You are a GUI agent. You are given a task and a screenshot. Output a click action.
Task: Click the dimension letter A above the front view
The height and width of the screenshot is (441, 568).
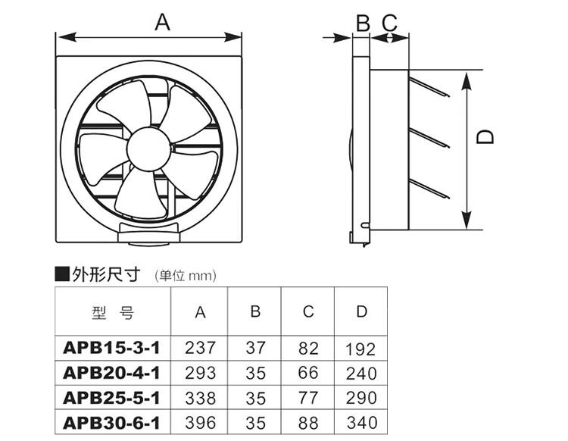[162, 22]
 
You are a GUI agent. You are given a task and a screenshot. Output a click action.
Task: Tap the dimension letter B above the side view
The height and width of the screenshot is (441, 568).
[363, 23]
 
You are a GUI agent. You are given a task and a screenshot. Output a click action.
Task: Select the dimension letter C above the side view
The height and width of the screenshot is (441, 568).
[390, 23]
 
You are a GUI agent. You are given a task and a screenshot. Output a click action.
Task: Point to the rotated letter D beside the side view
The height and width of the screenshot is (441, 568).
[485, 137]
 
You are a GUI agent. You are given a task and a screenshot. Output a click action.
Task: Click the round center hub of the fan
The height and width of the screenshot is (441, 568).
[149, 149]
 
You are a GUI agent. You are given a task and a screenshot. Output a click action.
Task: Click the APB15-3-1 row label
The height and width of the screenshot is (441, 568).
[111, 349]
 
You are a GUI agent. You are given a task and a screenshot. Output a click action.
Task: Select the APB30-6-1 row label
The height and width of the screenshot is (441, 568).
[111, 423]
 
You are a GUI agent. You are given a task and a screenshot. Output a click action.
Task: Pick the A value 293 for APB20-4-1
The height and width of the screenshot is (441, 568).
[201, 374]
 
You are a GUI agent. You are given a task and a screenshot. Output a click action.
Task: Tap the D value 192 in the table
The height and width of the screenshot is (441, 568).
[360, 349]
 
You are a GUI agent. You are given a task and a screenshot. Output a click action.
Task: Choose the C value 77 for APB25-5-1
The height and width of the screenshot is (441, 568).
[308, 398]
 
